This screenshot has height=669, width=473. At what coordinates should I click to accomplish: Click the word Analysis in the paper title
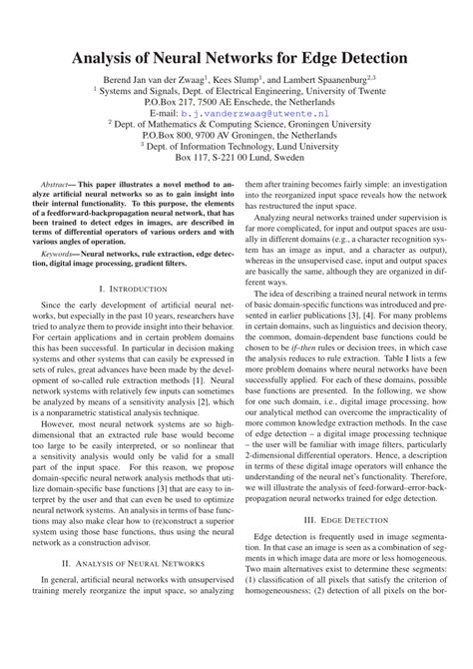click(x=108, y=58)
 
